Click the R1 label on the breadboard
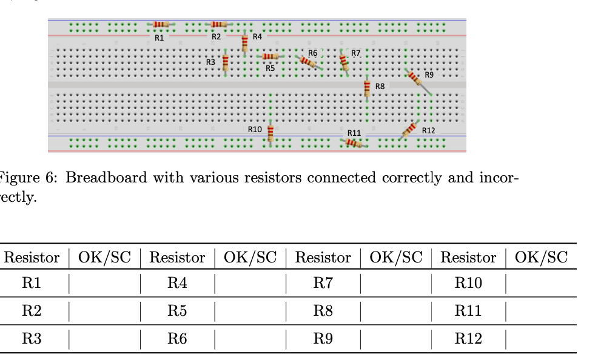(x=159, y=37)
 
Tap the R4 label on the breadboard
(x=257, y=36)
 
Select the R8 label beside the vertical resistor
(x=380, y=87)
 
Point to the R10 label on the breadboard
(x=255, y=129)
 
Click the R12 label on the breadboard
(x=429, y=130)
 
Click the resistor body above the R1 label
(x=160, y=24)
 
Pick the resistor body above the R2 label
(x=218, y=24)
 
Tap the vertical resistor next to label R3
(x=226, y=62)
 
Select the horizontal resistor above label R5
(x=270, y=56)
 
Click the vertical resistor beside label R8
(x=367, y=88)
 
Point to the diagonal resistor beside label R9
(x=415, y=79)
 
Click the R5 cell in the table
(x=177, y=312)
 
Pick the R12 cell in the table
(x=468, y=339)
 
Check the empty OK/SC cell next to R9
(x=395, y=339)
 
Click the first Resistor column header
(x=32, y=258)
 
